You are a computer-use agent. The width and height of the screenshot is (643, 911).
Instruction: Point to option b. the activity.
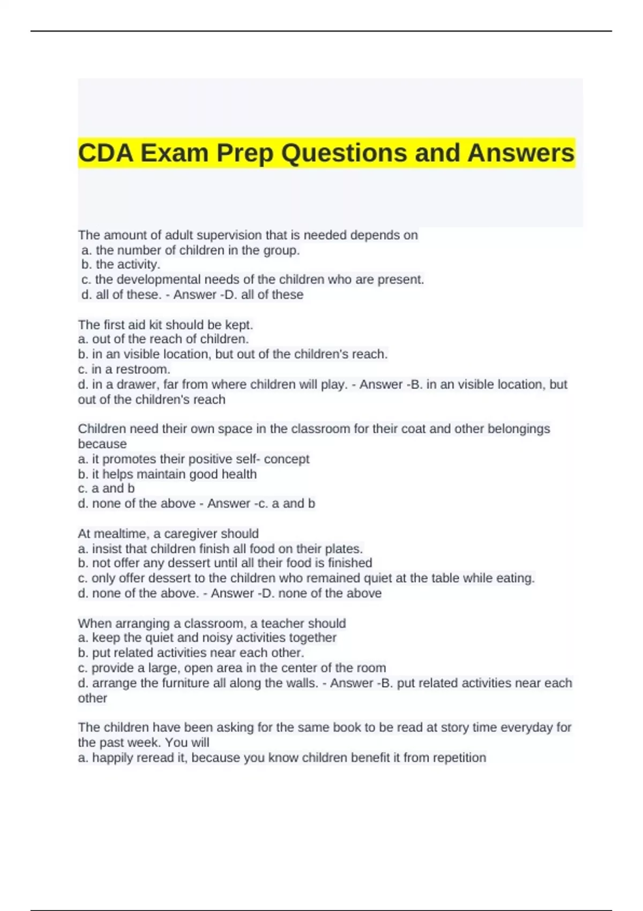click(121, 265)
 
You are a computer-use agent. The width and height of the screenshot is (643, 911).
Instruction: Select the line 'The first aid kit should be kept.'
click(165, 325)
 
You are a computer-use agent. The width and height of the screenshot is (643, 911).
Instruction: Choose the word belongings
click(518, 429)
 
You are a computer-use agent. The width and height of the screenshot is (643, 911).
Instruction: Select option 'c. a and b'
click(106, 489)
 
